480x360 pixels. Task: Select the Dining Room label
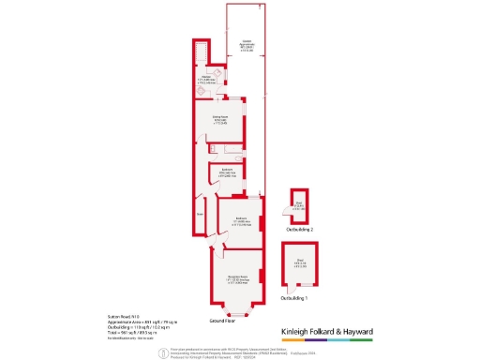pos(220,121)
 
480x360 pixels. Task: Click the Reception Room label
pos(235,280)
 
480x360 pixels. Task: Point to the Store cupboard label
pos(201,214)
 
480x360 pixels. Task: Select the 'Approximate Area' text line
pos(130,323)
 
